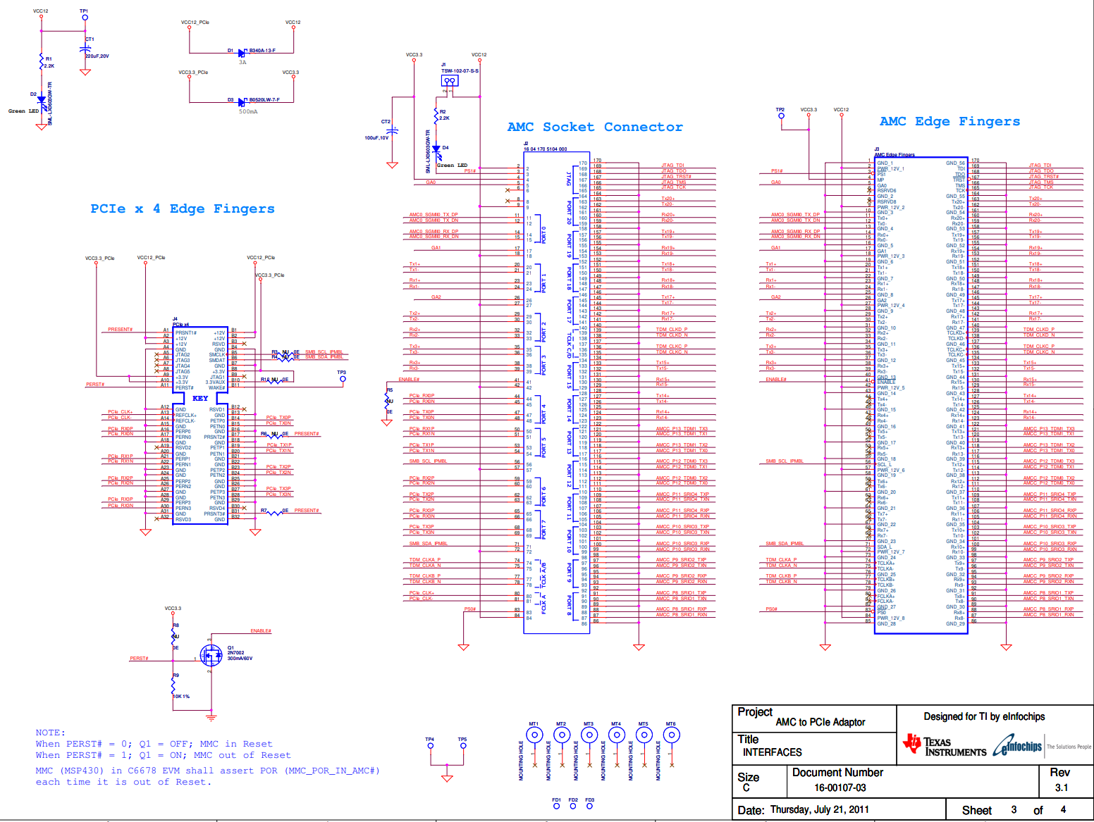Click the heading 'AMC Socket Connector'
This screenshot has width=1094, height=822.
[x=594, y=127]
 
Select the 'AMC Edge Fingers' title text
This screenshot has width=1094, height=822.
[x=949, y=121]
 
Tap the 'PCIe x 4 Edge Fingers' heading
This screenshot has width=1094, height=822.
[x=182, y=208]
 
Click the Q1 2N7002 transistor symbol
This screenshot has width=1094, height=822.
[x=210, y=656]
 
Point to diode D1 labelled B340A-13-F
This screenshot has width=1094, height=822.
[x=242, y=53]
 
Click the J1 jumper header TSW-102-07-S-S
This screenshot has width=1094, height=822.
[x=449, y=81]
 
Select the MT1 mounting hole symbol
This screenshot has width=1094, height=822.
[x=534, y=735]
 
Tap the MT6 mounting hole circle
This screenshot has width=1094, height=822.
[x=671, y=735]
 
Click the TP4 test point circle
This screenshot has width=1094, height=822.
[x=430, y=745]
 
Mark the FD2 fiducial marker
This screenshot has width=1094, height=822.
[x=573, y=806]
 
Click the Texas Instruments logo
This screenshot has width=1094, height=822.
[x=945, y=745]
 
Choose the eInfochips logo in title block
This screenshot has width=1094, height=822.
[x=1018, y=745]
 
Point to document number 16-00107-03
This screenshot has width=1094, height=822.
[x=840, y=787]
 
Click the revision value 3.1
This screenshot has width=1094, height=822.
[x=1061, y=787]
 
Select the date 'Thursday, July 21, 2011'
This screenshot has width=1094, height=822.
[x=819, y=809]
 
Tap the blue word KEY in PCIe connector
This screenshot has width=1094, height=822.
[x=200, y=398]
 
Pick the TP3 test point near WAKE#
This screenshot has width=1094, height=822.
[x=343, y=379]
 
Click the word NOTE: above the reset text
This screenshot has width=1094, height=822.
[x=50, y=733]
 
